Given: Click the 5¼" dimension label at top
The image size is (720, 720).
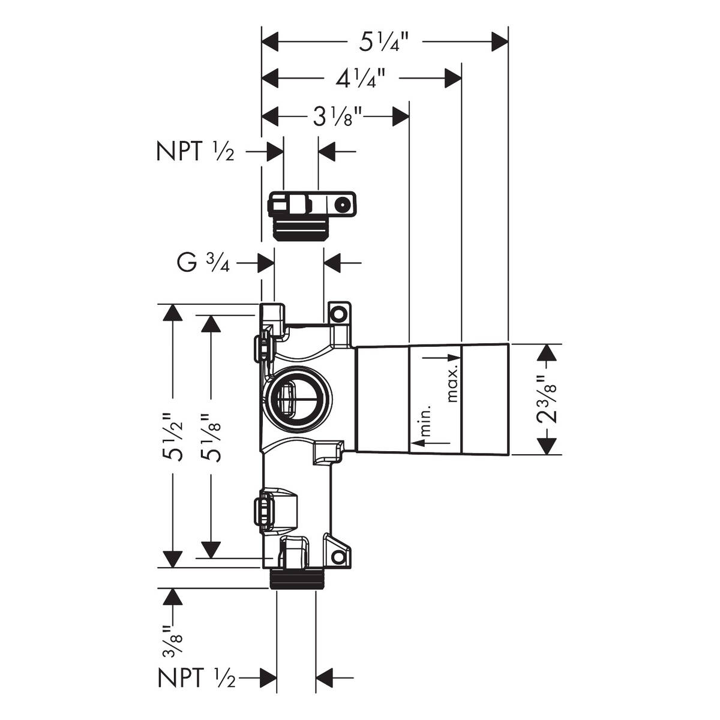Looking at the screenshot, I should point(385,43).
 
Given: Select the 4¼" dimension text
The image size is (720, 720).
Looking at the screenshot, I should point(360,78).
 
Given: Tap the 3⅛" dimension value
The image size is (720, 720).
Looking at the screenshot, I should point(340,116).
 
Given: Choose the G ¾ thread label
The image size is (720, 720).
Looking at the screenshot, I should point(204,263).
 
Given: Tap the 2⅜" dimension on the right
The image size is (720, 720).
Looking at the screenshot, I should point(547,400).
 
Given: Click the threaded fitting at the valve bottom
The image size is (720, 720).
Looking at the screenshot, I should point(294,578).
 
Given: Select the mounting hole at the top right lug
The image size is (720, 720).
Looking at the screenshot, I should point(340,313).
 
